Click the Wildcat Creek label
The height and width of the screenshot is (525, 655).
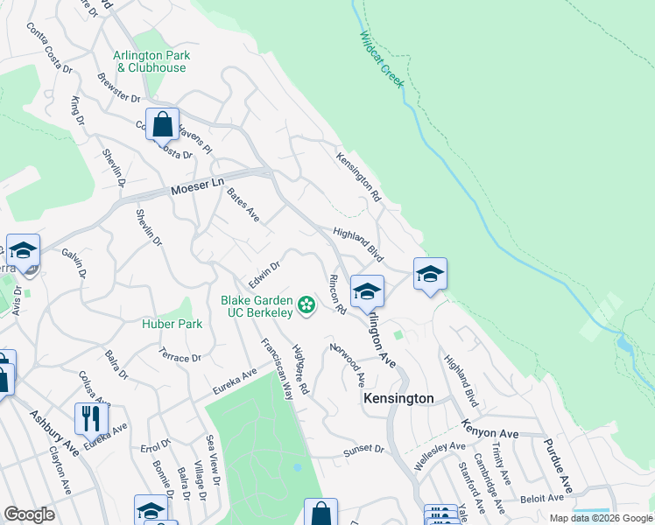click(x=381, y=60)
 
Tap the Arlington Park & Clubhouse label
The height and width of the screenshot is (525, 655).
click(x=151, y=61)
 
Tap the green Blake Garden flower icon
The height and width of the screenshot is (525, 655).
click(x=306, y=304)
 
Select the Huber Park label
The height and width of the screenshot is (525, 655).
click(x=173, y=324)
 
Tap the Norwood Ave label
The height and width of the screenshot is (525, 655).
click(x=348, y=365)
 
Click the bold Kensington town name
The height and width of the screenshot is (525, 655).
click(x=398, y=398)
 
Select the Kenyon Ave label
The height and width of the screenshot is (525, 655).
click(x=490, y=433)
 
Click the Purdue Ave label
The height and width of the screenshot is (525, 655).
click(x=558, y=466)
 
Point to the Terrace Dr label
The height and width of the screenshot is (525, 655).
click(x=180, y=357)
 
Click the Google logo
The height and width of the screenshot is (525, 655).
click(x=29, y=514)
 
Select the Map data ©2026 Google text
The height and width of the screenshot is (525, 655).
click(x=600, y=518)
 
